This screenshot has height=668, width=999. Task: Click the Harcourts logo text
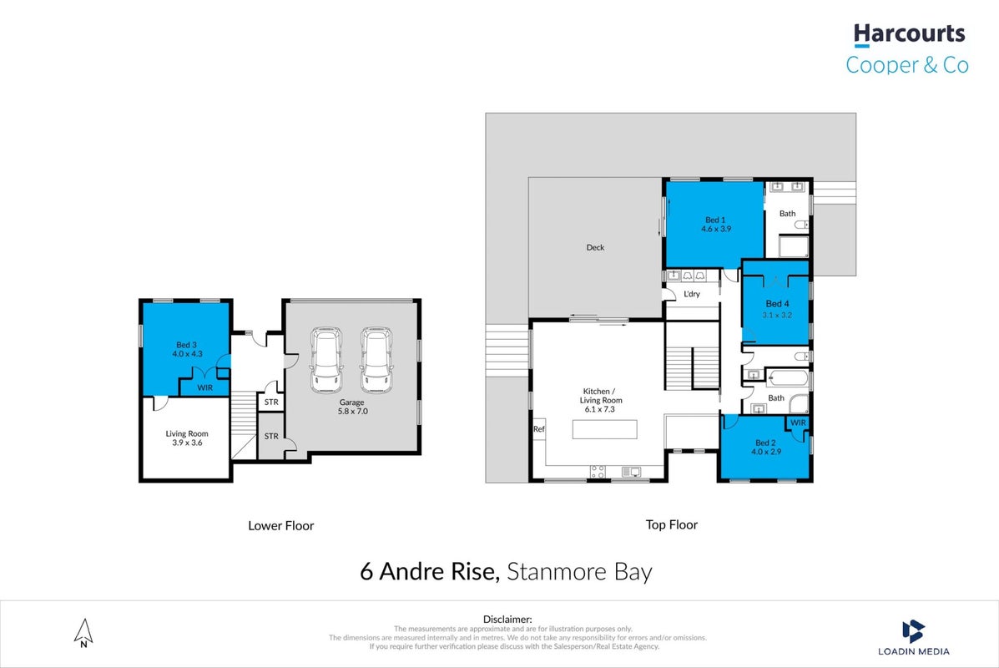pyautogui.click(x=909, y=33)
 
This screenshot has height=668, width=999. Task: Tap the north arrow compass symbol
pyautogui.click(x=83, y=633)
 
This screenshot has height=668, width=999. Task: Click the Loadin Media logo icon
pyautogui.click(x=913, y=631)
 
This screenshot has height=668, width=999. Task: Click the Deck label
pyautogui.click(x=595, y=247)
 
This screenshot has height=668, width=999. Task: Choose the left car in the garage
pyautogui.click(x=326, y=360)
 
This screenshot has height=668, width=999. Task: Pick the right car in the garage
pyautogui.click(x=376, y=360)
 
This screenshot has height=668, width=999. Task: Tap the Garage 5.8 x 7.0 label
pyautogui.click(x=352, y=407)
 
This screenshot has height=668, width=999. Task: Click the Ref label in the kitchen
pyautogui.click(x=539, y=429)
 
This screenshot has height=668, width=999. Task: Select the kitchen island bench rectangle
pyautogui.click(x=604, y=429)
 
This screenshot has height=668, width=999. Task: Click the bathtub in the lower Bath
pyautogui.click(x=788, y=378)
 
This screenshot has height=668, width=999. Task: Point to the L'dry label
pyautogui.click(x=692, y=294)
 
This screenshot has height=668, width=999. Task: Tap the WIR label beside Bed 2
pyautogui.click(x=799, y=423)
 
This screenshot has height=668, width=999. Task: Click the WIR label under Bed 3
pyautogui.click(x=205, y=387)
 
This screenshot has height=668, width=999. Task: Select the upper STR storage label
pyautogui.click(x=271, y=402)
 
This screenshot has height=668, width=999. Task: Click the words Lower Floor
pyautogui.click(x=281, y=526)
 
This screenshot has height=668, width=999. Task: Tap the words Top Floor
pyautogui.click(x=672, y=524)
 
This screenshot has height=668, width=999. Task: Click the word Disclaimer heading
pyautogui.click(x=507, y=619)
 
